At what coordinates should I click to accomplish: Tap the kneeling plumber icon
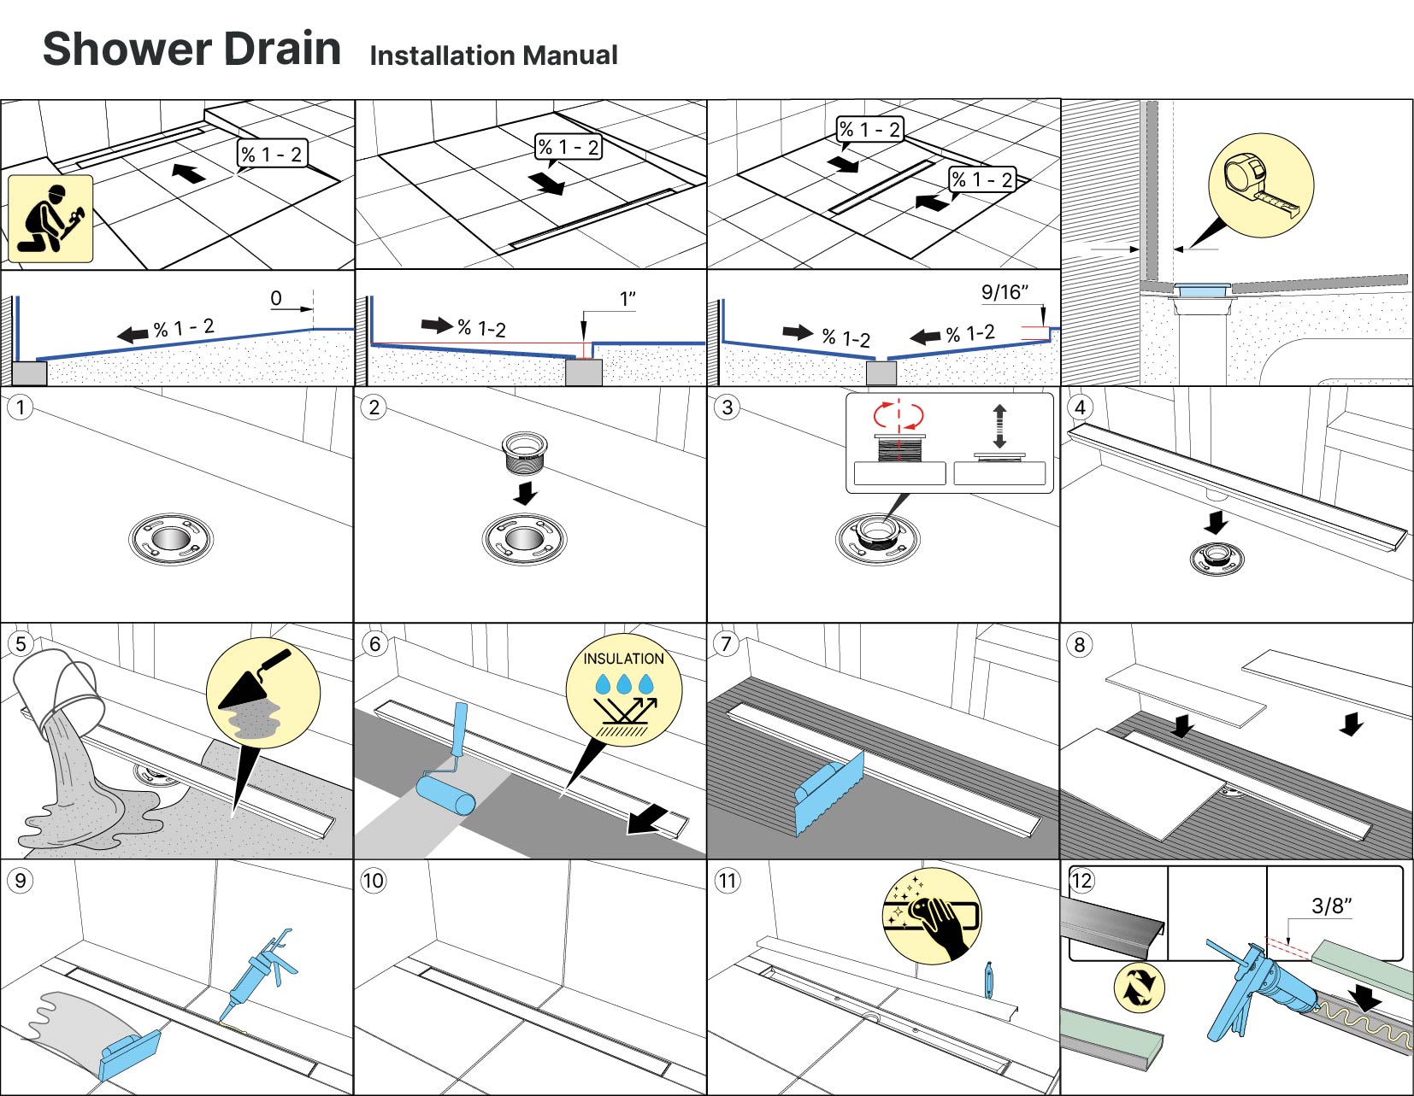pyautogui.click(x=50, y=219)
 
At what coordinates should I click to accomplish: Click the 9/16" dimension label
pyautogui.click(x=1005, y=292)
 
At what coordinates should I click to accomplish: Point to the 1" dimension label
pyautogui.click(x=627, y=298)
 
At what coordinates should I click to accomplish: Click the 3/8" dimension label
pyautogui.click(x=1331, y=906)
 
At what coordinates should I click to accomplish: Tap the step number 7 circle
pyautogui.click(x=726, y=643)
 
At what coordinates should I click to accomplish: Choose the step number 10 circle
pyautogui.click(x=373, y=881)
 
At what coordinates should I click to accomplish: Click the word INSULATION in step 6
pyautogui.click(x=623, y=659)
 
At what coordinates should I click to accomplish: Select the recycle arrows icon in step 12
pyautogui.click(x=1140, y=988)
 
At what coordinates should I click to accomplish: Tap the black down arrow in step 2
pyautogui.click(x=525, y=492)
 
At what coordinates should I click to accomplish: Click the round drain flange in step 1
pyautogui.click(x=170, y=539)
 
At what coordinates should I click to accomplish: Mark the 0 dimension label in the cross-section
pyautogui.click(x=276, y=298)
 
